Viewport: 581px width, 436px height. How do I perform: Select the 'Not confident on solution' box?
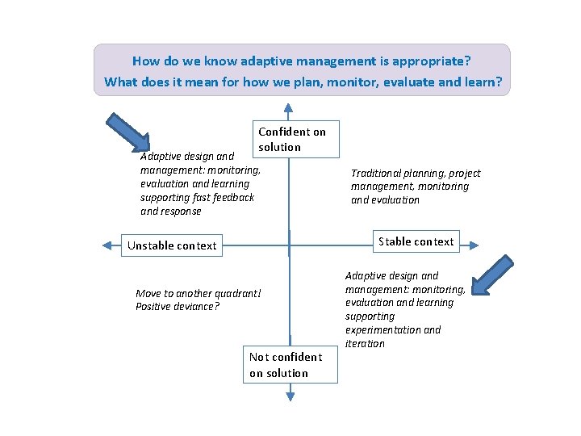(x=290, y=365)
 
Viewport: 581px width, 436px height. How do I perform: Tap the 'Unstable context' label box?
(x=173, y=245)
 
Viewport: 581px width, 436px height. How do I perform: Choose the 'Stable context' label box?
(x=416, y=241)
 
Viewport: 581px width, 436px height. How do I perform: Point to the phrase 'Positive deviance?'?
(x=178, y=307)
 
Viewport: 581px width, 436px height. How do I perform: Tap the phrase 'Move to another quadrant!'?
(x=199, y=294)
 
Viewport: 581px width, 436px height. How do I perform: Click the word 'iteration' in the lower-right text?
(x=365, y=344)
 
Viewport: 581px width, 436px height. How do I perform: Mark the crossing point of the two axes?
(x=290, y=245)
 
